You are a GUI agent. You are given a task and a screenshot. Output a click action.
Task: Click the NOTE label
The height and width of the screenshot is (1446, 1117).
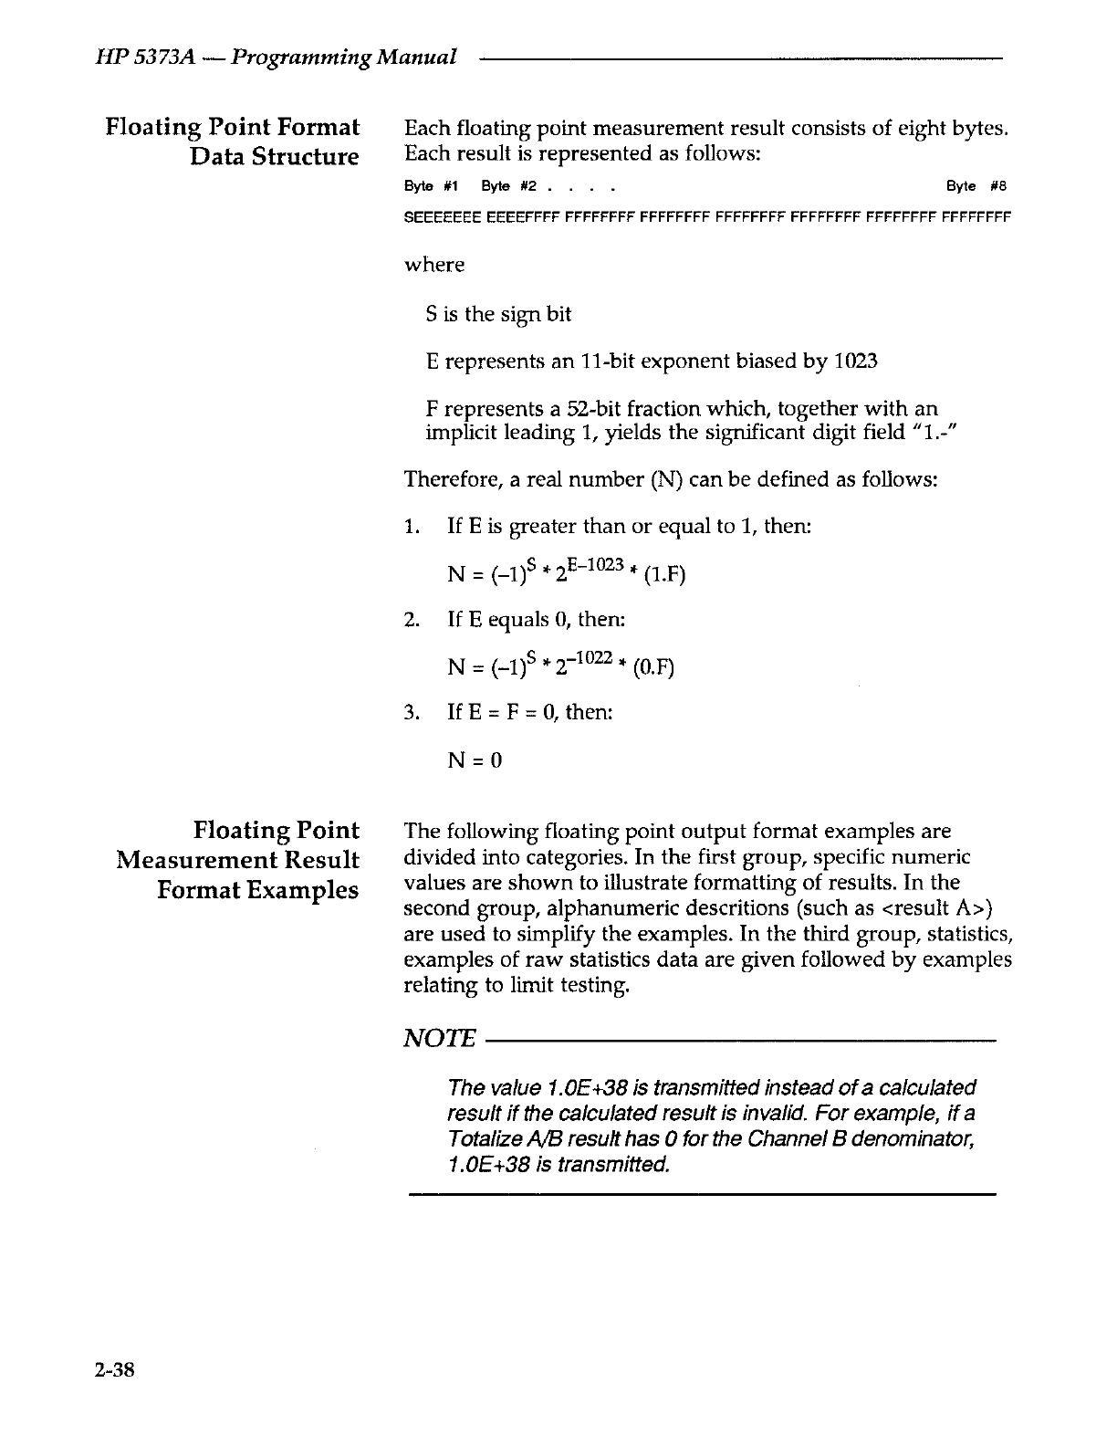(x=440, y=1039)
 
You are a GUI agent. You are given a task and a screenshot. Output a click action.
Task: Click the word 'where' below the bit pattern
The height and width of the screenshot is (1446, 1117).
(x=434, y=265)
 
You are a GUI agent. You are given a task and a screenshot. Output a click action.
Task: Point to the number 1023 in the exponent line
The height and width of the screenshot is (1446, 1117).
(x=856, y=361)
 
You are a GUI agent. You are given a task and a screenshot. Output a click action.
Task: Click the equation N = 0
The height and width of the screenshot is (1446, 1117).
(x=475, y=760)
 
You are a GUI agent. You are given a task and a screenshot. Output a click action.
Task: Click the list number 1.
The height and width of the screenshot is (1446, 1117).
(x=411, y=527)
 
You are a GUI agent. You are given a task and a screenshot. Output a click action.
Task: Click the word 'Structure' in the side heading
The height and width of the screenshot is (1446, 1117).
(x=306, y=156)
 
